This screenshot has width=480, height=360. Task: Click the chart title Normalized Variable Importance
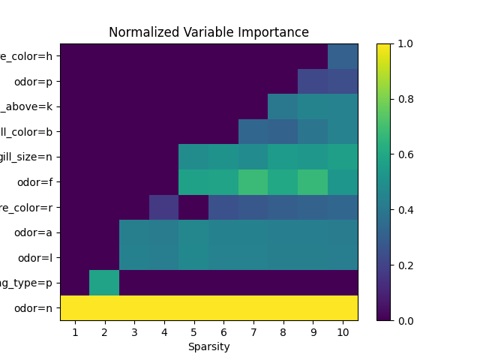click(x=208, y=32)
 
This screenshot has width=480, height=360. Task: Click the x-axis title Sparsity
click(x=208, y=346)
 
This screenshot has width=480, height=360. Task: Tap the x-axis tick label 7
click(x=253, y=331)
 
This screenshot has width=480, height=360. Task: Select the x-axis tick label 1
click(x=75, y=331)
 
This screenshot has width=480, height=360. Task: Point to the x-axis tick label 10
click(x=343, y=331)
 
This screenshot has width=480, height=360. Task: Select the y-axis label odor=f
click(x=35, y=182)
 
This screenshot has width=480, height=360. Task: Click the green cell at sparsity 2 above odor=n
click(x=104, y=283)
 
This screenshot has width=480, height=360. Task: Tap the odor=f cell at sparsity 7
click(x=253, y=182)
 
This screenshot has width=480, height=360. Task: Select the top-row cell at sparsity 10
click(x=343, y=56)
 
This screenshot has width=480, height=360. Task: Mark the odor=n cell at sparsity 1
click(x=75, y=307)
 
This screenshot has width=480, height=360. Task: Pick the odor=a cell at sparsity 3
click(x=134, y=232)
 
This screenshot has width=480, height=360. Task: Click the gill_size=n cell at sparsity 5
click(x=193, y=157)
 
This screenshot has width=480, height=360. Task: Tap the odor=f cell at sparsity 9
click(x=313, y=182)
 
